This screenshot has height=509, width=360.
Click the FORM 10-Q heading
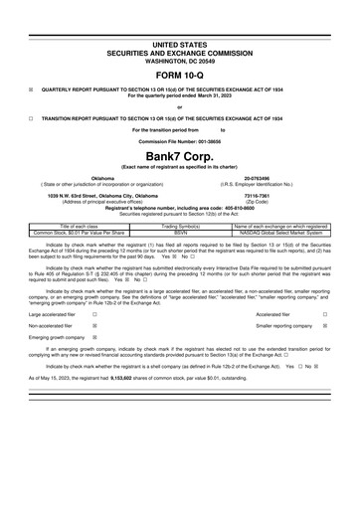click(x=179, y=76)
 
